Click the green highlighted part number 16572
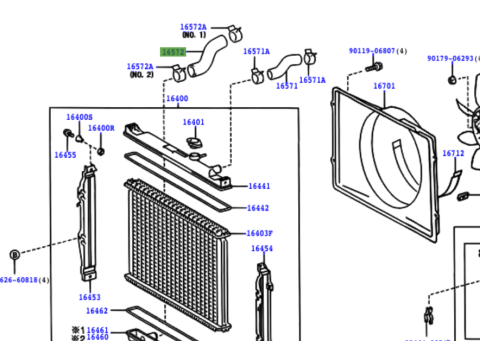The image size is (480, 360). click(174, 49)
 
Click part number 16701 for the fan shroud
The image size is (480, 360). click(385, 86)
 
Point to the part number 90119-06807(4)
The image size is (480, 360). click(377, 49)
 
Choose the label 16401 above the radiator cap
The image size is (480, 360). click(193, 122)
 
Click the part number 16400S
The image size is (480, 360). click(79, 117)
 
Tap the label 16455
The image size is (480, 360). click(65, 155)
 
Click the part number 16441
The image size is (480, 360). click(259, 186)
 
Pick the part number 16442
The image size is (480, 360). click(259, 208)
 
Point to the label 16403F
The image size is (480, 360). click(260, 233)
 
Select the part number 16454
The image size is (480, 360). click(262, 248)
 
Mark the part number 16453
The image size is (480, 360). click(89, 297)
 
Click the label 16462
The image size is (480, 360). click(97, 312)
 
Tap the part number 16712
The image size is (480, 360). click(453, 154)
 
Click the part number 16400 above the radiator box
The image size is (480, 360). click(176, 98)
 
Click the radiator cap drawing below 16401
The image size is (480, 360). click(192, 147)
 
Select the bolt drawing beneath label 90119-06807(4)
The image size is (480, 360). click(377, 66)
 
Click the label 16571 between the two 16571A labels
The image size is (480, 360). click(288, 86)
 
